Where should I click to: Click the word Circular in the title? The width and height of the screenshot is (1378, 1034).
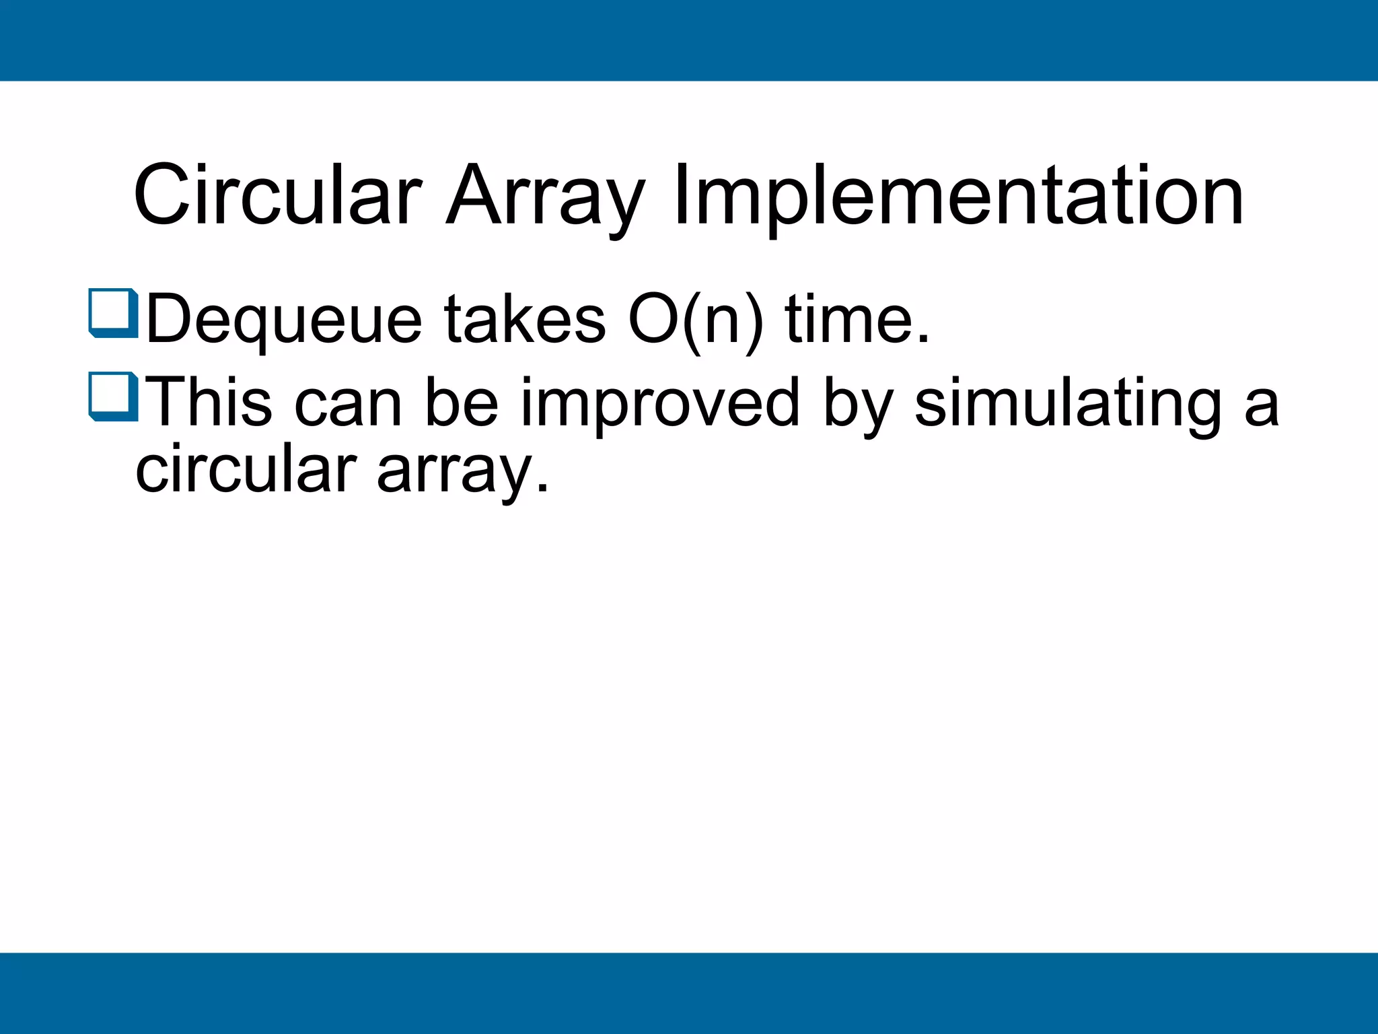tap(278, 196)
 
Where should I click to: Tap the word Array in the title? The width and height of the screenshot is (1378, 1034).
tap(546, 196)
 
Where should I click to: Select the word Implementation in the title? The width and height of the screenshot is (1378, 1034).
tap(958, 196)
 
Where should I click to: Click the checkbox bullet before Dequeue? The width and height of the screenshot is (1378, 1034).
tap(113, 313)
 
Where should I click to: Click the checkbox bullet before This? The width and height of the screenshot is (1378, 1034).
tap(113, 397)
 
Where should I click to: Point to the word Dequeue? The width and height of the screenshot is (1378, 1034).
tap(283, 320)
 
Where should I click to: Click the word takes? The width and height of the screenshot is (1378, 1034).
tap(524, 320)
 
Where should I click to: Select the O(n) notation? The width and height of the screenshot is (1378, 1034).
tap(696, 320)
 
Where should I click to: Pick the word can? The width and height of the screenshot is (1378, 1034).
tap(348, 403)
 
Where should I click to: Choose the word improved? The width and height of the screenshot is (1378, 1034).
tap(660, 403)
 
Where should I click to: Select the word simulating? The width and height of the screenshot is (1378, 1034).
tap(1067, 403)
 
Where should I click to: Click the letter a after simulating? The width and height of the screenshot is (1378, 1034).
tap(1261, 407)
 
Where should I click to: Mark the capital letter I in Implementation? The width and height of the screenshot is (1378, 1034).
tap(680, 196)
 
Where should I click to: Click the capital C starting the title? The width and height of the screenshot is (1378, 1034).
tap(164, 196)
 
